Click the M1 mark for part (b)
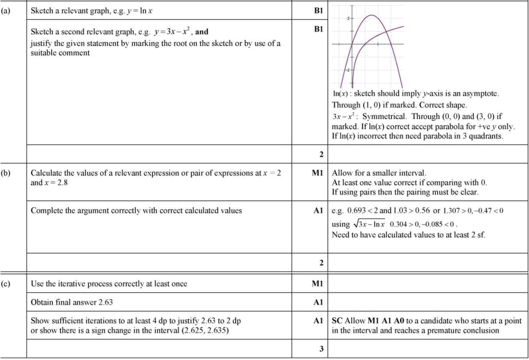(318, 172)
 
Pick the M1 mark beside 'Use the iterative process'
(318, 284)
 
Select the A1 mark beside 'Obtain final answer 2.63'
(318, 302)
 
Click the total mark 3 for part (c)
(321, 348)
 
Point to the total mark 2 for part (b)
(321, 262)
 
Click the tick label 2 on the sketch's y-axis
(347, 18)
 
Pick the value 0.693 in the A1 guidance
(356, 211)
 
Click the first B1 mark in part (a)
(318, 10)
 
